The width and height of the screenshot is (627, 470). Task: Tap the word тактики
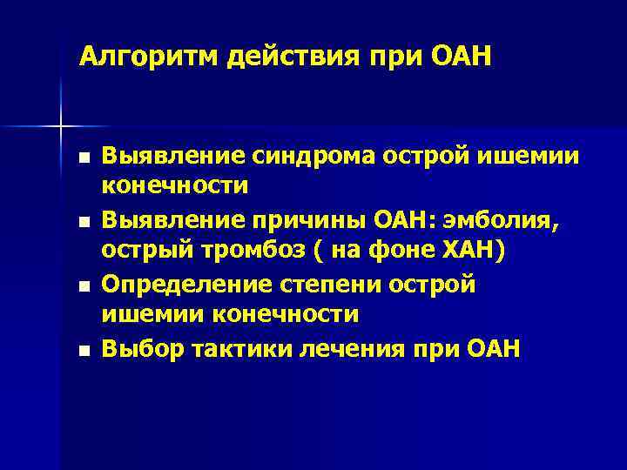tap(230, 349)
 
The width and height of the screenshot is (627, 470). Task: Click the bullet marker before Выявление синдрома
tap(82, 158)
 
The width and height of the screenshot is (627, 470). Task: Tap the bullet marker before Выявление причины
tap(82, 223)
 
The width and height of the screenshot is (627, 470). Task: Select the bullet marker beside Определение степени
tap(82, 287)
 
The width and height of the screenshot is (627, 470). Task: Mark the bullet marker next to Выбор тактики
tap(82, 352)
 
